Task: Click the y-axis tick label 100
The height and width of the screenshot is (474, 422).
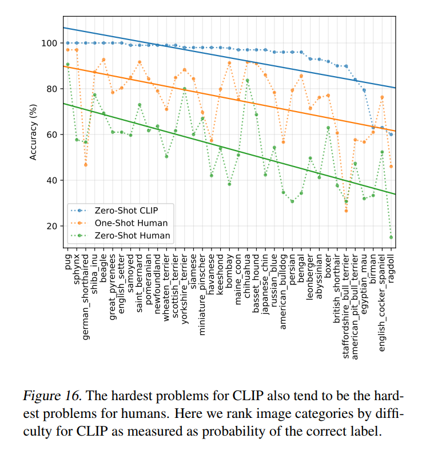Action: (49, 43)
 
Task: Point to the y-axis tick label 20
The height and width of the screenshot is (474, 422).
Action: (51, 226)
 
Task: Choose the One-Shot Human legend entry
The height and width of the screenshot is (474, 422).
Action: (128, 223)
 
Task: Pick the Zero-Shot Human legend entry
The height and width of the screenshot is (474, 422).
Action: (128, 235)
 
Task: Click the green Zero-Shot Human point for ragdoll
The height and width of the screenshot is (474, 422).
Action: (391, 237)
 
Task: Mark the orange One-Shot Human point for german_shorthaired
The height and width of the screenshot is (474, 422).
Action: (86, 165)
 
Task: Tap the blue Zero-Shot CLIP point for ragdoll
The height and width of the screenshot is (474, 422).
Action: (391, 135)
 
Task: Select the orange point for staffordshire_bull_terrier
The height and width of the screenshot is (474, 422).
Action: (346, 211)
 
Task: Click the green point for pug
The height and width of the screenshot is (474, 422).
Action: (67, 64)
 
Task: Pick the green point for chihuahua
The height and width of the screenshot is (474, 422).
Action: (247, 81)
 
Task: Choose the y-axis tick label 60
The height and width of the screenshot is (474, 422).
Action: (51, 135)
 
